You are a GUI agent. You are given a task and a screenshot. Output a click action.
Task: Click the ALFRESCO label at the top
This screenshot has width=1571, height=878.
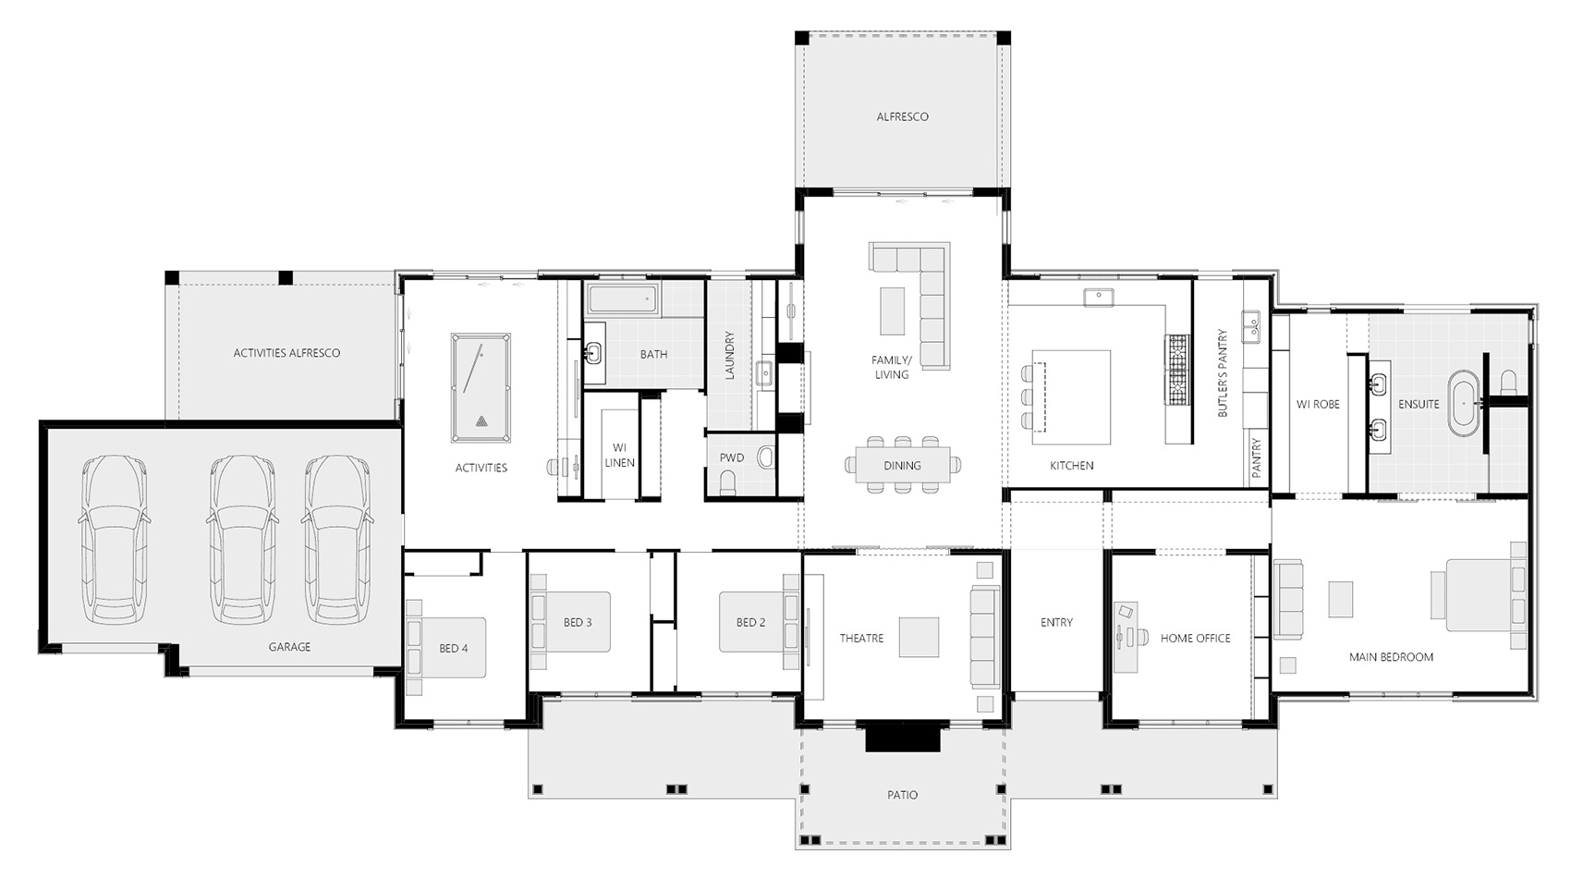[x=902, y=116]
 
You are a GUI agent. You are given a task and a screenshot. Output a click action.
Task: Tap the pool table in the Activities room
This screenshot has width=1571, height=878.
[x=481, y=388]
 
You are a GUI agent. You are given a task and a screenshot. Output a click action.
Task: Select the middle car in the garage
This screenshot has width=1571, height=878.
[x=241, y=540]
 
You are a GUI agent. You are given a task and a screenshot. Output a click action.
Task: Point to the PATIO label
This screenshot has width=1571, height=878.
[x=902, y=795]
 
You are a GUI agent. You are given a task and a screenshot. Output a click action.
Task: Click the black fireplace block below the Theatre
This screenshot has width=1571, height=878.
[x=902, y=737]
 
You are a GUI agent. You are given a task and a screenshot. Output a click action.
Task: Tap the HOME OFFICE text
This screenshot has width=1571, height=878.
[x=1195, y=638]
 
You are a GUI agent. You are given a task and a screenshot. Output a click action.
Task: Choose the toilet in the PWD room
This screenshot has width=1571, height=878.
[x=728, y=482]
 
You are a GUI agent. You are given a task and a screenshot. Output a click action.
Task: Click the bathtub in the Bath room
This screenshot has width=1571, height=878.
[x=623, y=299]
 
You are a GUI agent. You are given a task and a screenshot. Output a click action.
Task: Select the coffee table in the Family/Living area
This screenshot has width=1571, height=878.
[x=893, y=311]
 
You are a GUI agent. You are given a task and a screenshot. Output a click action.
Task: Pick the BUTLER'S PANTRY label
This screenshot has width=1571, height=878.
[x=1223, y=373]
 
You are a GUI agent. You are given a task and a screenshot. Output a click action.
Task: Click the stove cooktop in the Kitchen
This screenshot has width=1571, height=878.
[x=1177, y=370]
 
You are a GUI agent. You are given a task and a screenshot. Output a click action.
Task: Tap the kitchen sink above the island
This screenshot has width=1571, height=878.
[x=1098, y=298]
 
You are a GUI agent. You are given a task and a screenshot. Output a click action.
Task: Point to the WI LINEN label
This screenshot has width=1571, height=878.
[x=619, y=455]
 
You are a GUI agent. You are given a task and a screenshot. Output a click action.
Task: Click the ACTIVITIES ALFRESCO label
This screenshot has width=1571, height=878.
[x=286, y=353]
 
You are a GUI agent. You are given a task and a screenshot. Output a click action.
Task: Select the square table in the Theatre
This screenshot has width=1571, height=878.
[x=919, y=637]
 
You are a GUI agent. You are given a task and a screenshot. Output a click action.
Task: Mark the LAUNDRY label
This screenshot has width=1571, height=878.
[x=729, y=356]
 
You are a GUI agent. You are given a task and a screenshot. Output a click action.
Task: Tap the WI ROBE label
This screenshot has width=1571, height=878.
[x=1318, y=404]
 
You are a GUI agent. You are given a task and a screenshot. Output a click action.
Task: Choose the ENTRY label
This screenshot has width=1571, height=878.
[x=1056, y=622]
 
